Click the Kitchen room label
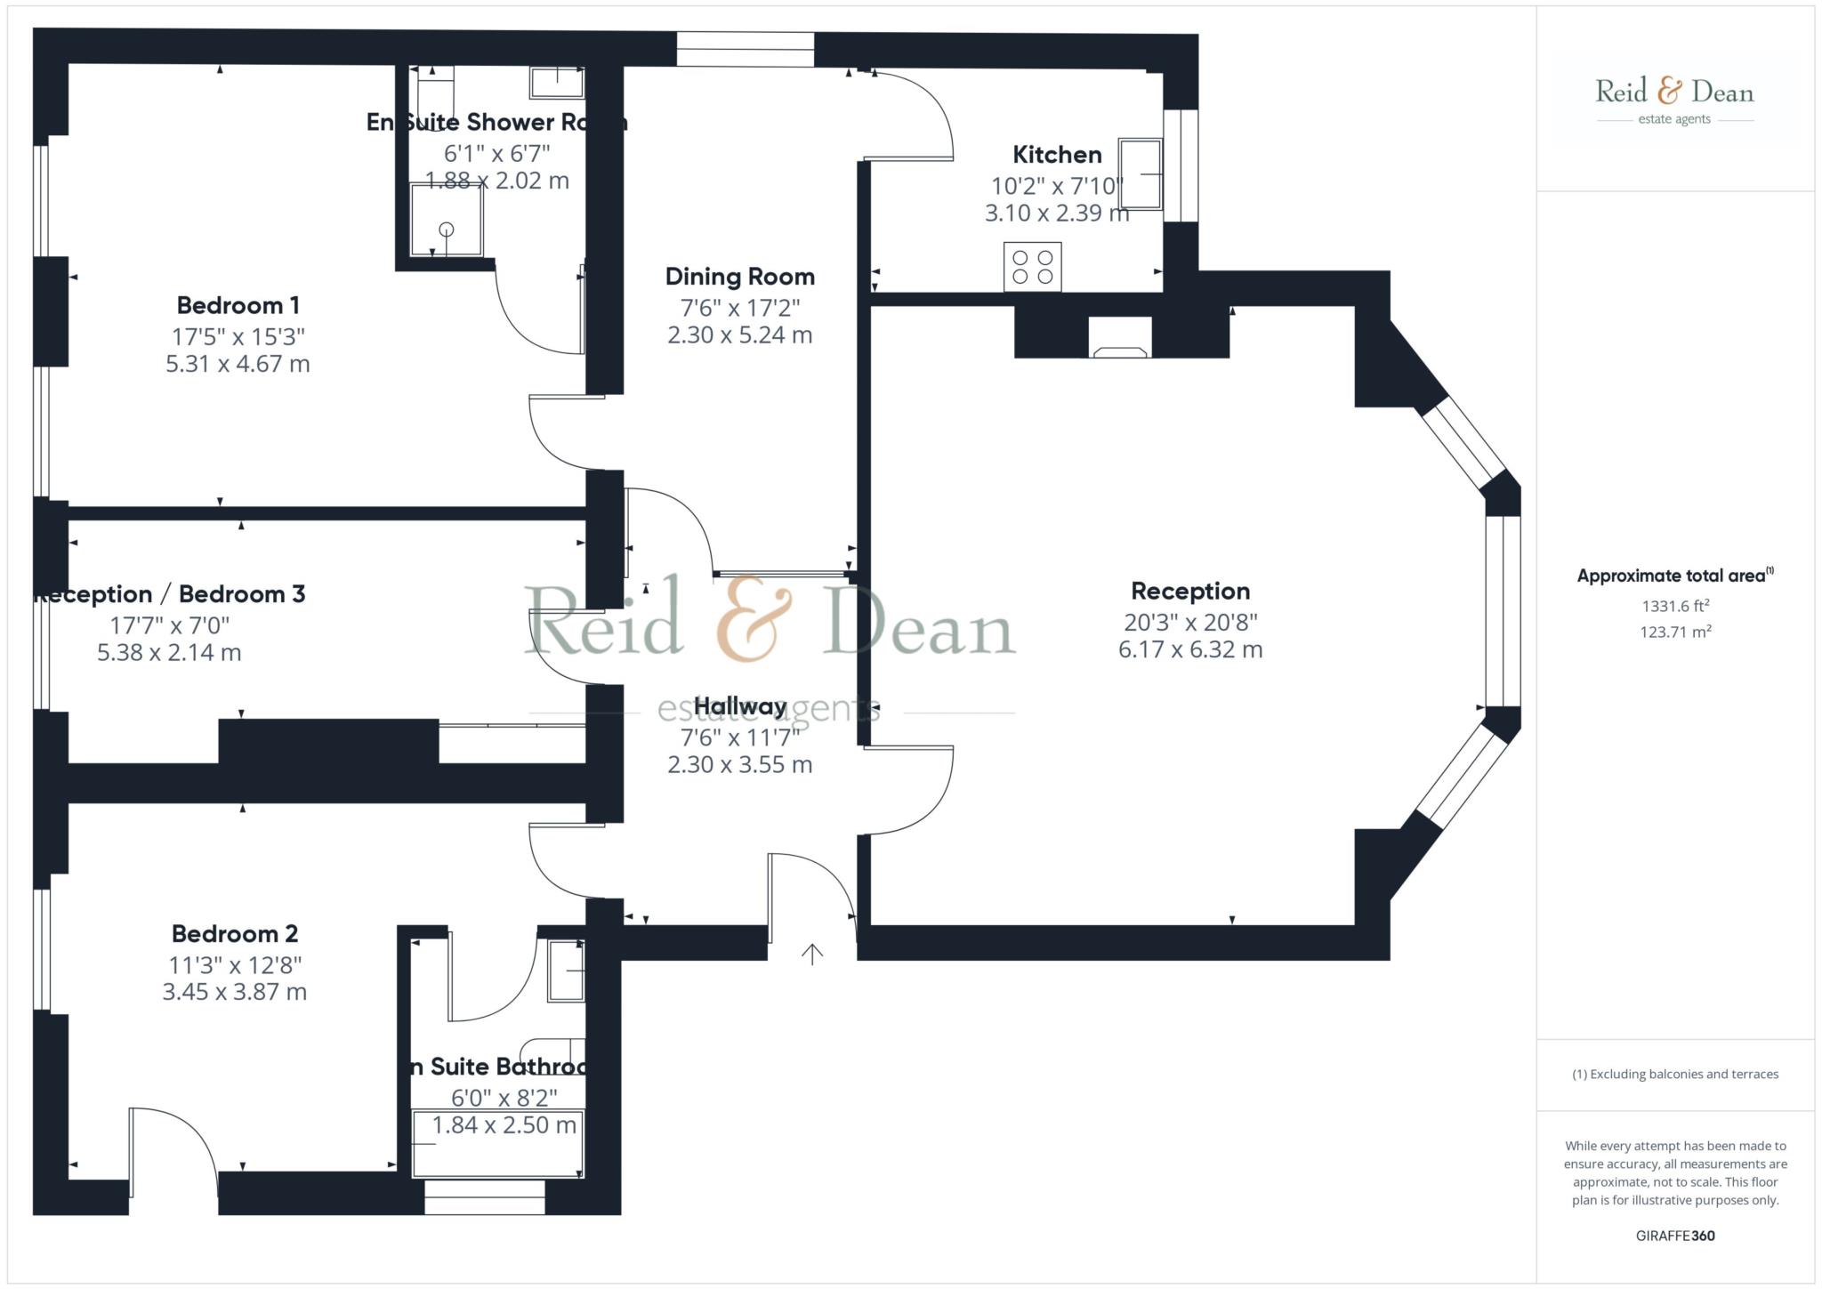[1057, 155]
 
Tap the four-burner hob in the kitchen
[1032, 267]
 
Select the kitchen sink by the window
[1140, 174]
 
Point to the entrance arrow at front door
[811, 955]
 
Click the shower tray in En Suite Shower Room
[447, 220]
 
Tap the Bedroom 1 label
[238, 306]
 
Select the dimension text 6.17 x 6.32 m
[1189, 650]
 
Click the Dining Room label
[739, 277]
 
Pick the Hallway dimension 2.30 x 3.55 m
[739, 765]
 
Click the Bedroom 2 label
[235, 934]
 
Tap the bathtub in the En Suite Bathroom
[497, 1144]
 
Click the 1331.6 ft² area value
[1675, 607]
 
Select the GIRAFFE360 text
[1675, 1236]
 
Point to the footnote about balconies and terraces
[1675, 1075]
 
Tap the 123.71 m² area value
[1675, 632]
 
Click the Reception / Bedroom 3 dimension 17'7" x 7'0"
[169, 625]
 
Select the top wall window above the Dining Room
[745, 49]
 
